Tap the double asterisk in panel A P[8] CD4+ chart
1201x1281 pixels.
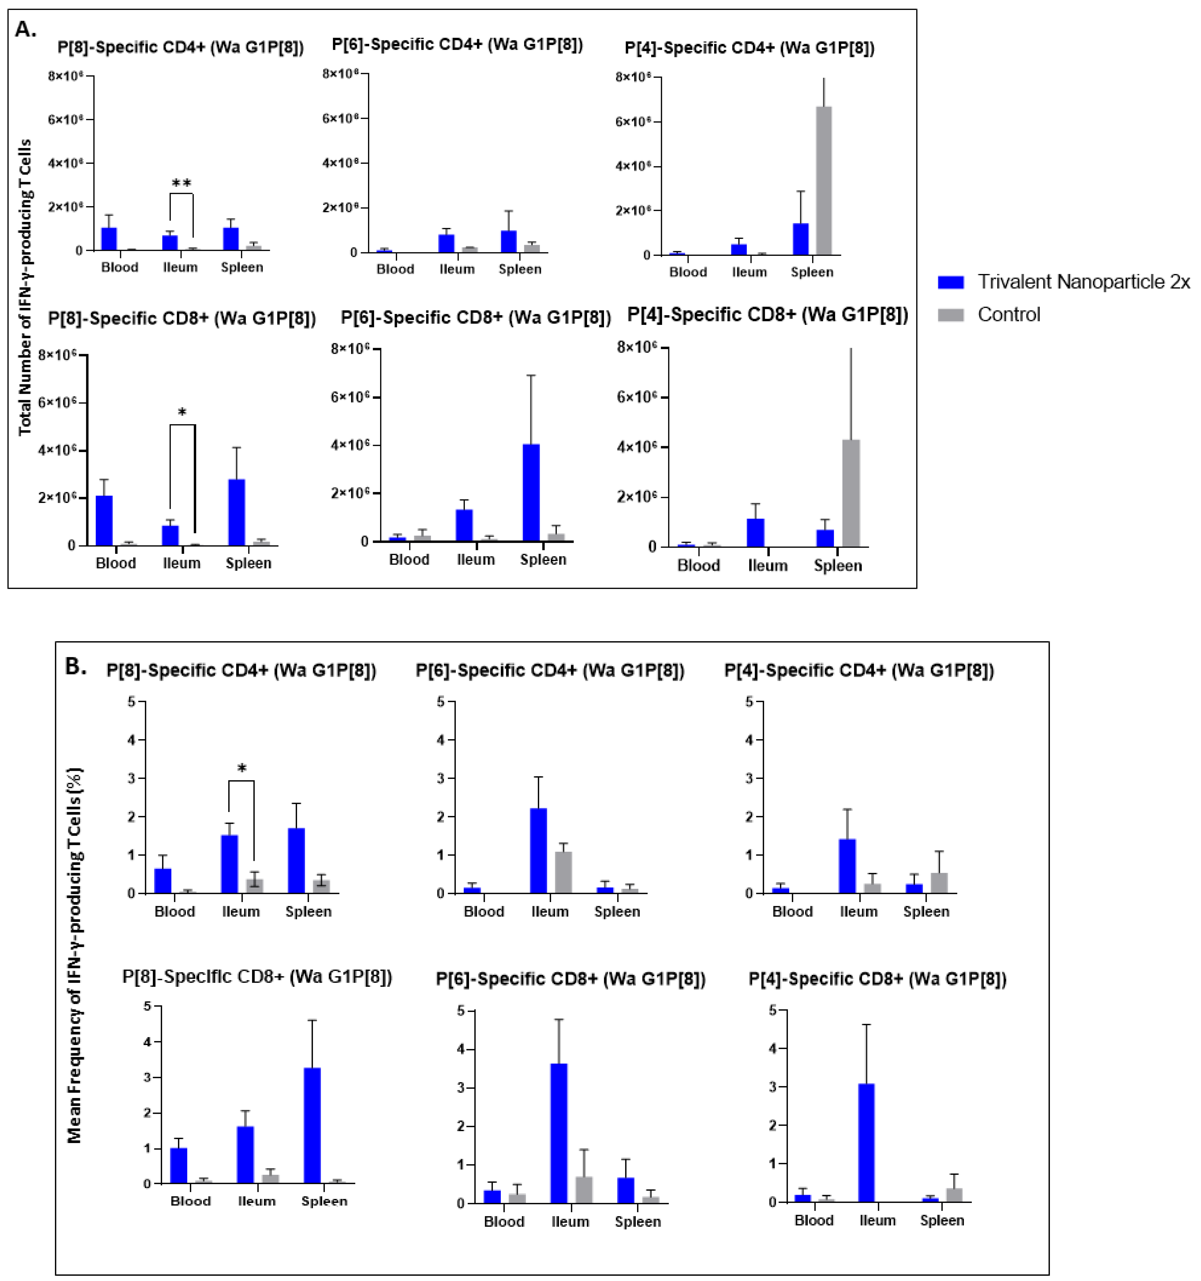[x=182, y=184]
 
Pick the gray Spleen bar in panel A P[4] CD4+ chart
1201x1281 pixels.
[x=824, y=180]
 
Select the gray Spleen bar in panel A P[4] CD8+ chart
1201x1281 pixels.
[x=850, y=493]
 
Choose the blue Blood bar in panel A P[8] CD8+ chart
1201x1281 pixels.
[x=104, y=521]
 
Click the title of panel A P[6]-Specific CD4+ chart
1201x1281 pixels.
[x=457, y=44]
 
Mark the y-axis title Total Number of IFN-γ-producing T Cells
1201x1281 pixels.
[x=25, y=287]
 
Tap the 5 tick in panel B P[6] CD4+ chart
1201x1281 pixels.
[x=441, y=701]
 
